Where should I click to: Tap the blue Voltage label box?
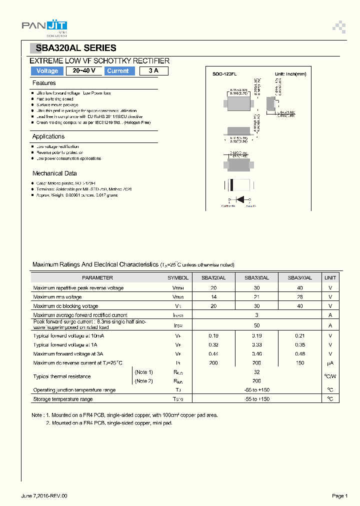[x=47, y=71]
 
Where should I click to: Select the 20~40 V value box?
[x=84, y=71]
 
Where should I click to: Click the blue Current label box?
[x=118, y=71]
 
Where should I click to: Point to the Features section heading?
[x=44, y=83]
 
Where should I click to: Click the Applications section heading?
[x=48, y=136]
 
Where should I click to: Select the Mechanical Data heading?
[x=54, y=173]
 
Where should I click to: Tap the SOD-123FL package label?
[x=224, y=74]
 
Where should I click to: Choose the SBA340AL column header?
[x=300, y=277]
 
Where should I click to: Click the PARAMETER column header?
[x=97, y=277]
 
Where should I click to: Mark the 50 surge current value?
[x=256, y=325]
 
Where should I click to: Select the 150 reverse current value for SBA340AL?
[x=300, y=363]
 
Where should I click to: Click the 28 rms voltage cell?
[x=300, y=297]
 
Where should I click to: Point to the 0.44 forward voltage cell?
[x=213, y=354]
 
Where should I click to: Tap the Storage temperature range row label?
[x=63, y=399]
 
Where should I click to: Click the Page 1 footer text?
[x=339, y=495]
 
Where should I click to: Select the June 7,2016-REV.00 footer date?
[x=44, y=495]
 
